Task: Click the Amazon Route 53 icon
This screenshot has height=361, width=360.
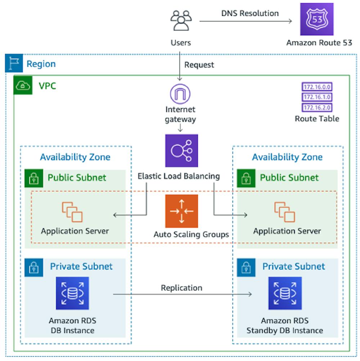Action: click(317, 19)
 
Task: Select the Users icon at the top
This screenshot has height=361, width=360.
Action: click(180, 20)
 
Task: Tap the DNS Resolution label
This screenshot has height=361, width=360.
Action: click(249, 13)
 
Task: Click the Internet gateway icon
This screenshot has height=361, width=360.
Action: click(180, 94)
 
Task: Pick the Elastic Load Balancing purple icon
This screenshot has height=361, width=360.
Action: click(181, 151)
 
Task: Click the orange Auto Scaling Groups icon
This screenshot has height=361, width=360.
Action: click(181, 211)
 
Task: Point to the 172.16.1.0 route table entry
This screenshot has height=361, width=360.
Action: click(317, 97)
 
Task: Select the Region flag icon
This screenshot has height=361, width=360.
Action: click(14, 63)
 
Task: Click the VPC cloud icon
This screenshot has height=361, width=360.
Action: click(23, 86)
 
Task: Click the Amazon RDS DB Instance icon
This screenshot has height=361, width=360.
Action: click(72, 293)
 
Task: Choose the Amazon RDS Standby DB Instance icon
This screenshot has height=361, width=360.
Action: click(285, 293)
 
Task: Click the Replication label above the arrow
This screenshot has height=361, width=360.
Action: click(181, 288)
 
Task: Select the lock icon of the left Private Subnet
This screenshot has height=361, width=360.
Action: click(34, 268)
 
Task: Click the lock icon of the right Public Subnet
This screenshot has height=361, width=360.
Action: click(246, 178)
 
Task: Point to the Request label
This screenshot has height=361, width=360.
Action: click(199, 65)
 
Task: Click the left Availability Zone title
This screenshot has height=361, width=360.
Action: click(75, 157)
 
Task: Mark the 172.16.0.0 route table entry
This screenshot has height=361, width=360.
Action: click(317, 87)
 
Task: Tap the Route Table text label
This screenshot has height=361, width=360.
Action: click(317, 119)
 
